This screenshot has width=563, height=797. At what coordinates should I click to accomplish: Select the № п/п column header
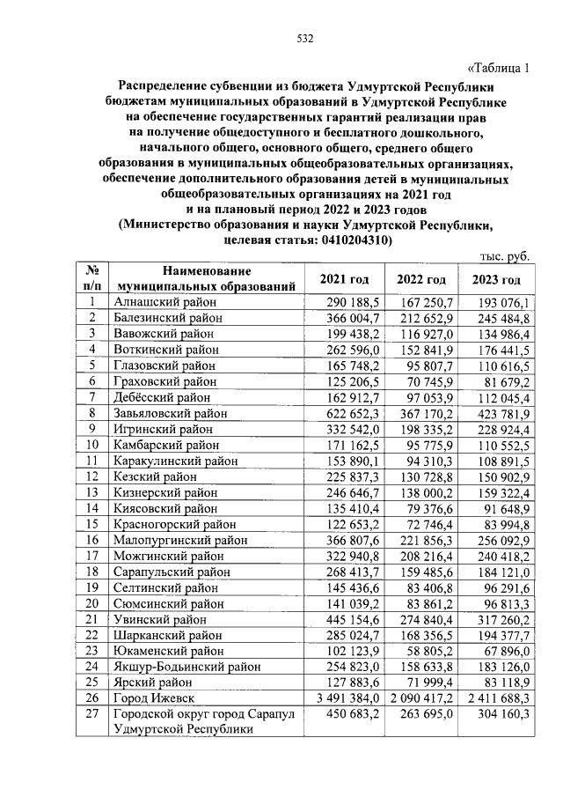click(x=91, y=279)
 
